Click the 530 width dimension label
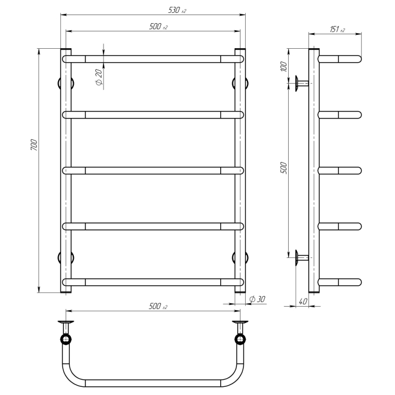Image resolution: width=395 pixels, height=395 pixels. click(177, 10)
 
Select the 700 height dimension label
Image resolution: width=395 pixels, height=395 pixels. click(34, 145)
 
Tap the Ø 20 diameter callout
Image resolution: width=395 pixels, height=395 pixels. click(99, 77)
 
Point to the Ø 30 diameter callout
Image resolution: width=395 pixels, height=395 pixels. click(257, 299)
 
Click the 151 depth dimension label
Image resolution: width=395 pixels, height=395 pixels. click(337, 30)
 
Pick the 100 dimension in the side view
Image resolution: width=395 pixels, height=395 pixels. click(283, 66)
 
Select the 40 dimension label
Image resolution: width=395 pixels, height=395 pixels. click(303, 301)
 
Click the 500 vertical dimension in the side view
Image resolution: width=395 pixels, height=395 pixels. click(283, 168)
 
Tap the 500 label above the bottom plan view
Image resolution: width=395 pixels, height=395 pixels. click(158, 306)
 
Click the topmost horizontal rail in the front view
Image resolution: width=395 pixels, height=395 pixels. click(153, 59)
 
